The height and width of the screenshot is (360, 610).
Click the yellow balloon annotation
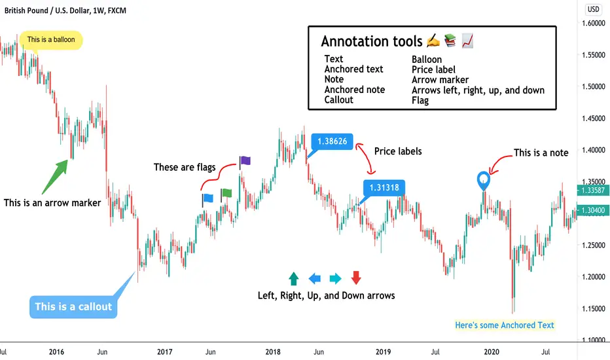coord(51,40)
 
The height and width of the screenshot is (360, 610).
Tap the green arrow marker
coord(58,174)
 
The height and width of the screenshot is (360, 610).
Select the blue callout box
coord(73,306)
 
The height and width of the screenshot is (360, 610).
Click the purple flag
coord(245,160)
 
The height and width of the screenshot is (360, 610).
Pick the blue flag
coord(207,197)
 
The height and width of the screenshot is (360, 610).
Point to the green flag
coord(226,193)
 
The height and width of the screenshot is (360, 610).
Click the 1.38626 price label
coord(332,141)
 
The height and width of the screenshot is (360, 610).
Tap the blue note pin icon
coord(483,179)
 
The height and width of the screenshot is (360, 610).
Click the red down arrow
coord(356,278)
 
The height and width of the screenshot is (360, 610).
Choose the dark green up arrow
coord(293,278)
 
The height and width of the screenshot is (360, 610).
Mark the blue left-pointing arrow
coord(314,279)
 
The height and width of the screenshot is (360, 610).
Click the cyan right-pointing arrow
coord(335,279)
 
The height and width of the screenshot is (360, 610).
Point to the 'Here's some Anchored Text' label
coord(505,325)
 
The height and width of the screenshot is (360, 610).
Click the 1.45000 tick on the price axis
coord(591,118)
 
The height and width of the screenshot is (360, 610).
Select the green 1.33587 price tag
coord(591,190)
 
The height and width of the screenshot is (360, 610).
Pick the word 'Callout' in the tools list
coord(339,99)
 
